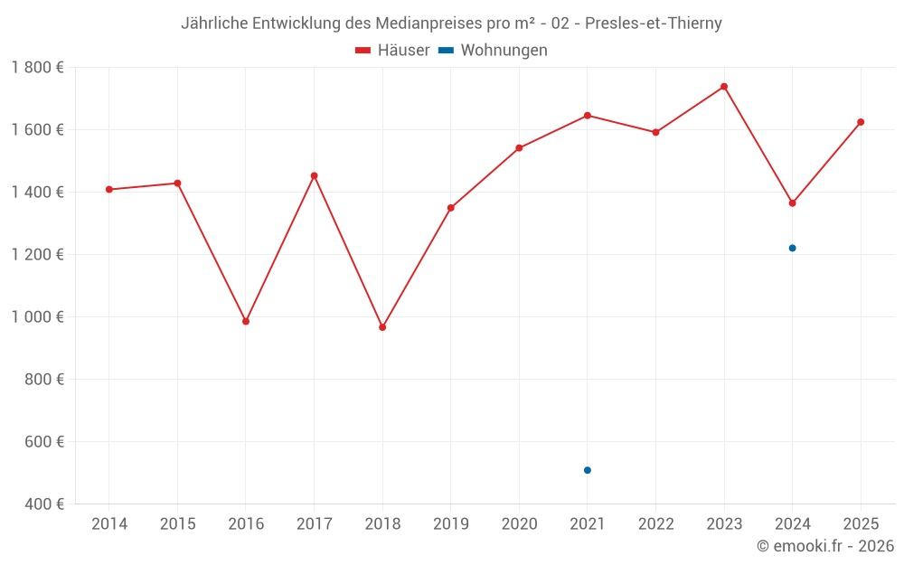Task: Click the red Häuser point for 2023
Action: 724,87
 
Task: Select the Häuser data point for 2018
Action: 382,327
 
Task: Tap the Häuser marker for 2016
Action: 246,321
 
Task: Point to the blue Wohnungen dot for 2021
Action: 588,470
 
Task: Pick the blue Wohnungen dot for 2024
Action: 793,248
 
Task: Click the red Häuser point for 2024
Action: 793,203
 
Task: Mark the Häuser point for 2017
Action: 315,175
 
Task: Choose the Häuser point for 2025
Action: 861,122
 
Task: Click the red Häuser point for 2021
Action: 588,116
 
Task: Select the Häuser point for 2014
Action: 109,190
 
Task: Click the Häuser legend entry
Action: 392,51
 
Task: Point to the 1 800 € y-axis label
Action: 38,68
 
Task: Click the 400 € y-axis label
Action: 44,504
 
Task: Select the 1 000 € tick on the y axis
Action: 38,317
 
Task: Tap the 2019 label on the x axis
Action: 451,524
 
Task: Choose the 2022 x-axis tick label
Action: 656,524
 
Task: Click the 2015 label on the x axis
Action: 177,524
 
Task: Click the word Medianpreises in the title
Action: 420,24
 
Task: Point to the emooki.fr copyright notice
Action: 825,546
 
